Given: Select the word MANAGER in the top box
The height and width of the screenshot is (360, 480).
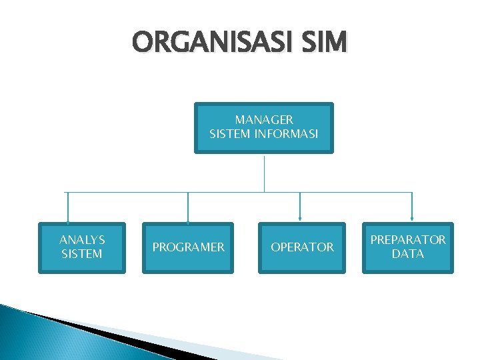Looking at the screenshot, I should [264, 120].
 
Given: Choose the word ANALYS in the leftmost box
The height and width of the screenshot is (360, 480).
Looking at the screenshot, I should [82, 240].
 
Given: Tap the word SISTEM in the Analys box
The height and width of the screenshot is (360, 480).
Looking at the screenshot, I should [82, 254].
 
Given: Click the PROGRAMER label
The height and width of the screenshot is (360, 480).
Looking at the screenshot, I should [188, 247].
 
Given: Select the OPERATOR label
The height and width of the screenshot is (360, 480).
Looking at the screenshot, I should [302, 247].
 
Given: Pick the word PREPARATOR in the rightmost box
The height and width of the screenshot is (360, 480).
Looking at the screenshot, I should [408, 240].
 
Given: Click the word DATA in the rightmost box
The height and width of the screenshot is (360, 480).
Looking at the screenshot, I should [408, 254].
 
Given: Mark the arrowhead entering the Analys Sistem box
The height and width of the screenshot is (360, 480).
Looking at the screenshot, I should [67, 220].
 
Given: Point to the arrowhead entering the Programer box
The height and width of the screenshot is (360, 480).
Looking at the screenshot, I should [188, 220].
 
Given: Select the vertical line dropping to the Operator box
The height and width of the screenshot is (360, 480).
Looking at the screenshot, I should [300, 205].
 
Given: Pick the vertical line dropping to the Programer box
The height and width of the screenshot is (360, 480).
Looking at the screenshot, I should [188, 205].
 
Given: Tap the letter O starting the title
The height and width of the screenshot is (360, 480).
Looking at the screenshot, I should [141, 43].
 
